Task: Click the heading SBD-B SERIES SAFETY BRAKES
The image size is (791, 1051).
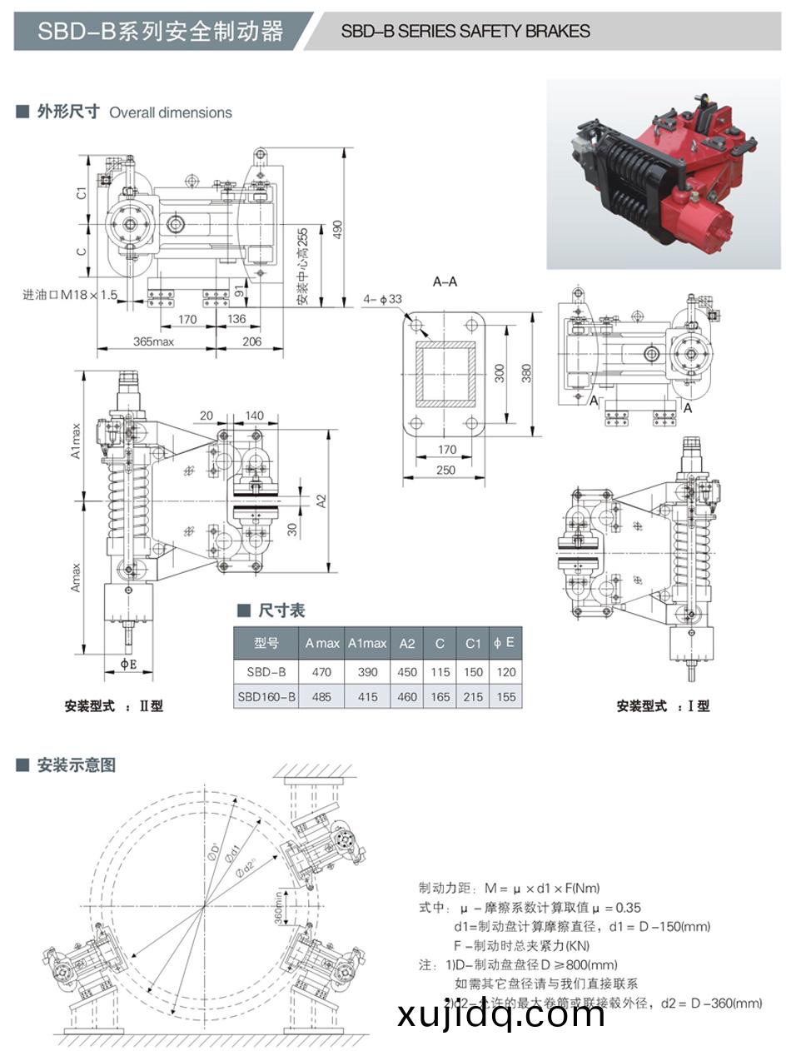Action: pyautogui.click(x=465, y=32)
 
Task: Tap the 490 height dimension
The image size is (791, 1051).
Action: pyautogui.click(x=337, y=228)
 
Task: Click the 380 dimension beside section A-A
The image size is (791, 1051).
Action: pyautogui.click(x=526, y=374)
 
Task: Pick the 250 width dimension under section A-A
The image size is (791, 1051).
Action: pyautogui.click(x=445, y=471)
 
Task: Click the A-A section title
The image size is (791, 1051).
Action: pyautogui.click(x=445, y=281)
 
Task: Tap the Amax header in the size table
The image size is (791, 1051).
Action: pyautogui.click(x=321, y=643)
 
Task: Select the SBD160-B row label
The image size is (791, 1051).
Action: pyautogui.click(x=266, y=697)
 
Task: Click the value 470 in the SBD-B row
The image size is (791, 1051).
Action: pyautogui.click(x=321, y=672)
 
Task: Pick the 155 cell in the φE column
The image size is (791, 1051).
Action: pyautogui.click(x=505, y=697)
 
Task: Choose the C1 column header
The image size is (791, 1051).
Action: pyautogui.click(x=473, y=643)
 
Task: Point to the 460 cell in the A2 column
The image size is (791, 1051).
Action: pyautogui.click(x=407, y=697)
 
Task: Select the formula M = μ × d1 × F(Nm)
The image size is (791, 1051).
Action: pyautogui.click(x=509, y=889)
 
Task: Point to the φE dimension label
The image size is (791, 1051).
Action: pyautogui.click(x=128, y=664)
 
